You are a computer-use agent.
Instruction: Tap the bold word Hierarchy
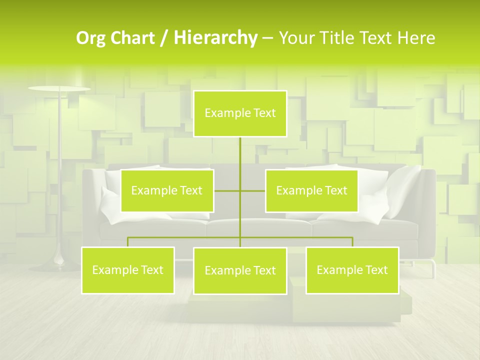[215, 38]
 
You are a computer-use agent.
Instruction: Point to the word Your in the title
[297, 38]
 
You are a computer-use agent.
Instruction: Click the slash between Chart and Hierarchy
[164, 38]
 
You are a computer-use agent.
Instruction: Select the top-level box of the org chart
[240, 113]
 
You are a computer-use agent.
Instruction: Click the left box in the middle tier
[167, 190]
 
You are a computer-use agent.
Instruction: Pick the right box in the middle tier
[311, 190]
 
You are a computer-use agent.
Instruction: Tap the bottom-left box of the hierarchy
[127, 270]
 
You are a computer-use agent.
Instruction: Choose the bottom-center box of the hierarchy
[240, 270]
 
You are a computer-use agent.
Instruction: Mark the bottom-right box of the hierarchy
[352, 270]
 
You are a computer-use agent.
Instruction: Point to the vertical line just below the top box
[240, 150]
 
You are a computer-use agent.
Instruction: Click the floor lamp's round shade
[59, 89]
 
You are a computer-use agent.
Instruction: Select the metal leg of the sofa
[432, 267]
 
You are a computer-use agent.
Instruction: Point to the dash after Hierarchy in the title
[267, 38]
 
